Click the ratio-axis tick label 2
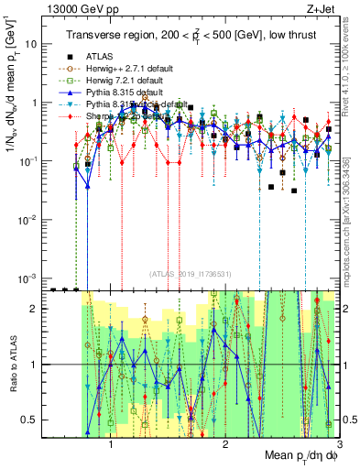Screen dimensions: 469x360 [33, 309]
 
